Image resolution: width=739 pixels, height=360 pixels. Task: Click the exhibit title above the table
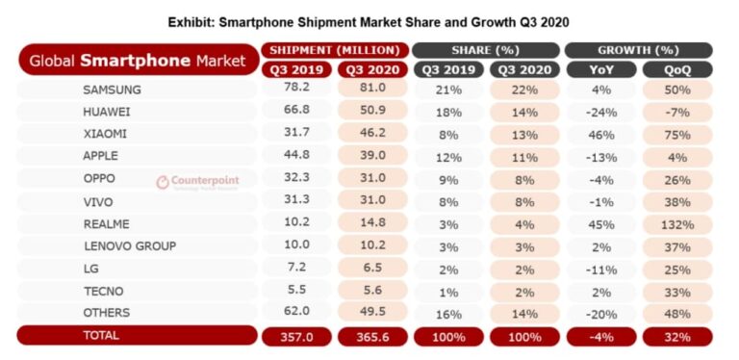(369, 20)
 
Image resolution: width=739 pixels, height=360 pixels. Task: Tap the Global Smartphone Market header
(137, 61)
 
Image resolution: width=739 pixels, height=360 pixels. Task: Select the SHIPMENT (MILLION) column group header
(334, 50)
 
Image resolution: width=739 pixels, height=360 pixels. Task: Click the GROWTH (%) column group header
(638, 50)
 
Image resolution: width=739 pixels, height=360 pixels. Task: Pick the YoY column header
(599, 69)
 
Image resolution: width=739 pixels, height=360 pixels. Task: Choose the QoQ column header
(677, 69)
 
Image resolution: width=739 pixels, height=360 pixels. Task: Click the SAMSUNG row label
(113, 90)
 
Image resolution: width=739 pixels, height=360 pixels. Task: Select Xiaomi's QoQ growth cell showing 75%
(677, 134)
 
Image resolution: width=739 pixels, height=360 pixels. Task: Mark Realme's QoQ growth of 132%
(677, 223)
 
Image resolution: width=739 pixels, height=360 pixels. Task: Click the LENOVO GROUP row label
(130, 245)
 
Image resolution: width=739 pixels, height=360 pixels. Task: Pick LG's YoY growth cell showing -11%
(599, 268)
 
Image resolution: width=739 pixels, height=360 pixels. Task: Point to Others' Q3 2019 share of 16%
(448, 312)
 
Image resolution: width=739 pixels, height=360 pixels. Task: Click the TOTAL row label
(101, 335)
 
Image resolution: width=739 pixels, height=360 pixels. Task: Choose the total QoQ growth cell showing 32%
(677, 336)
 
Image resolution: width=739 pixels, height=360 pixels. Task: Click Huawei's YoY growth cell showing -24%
(599, 112)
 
